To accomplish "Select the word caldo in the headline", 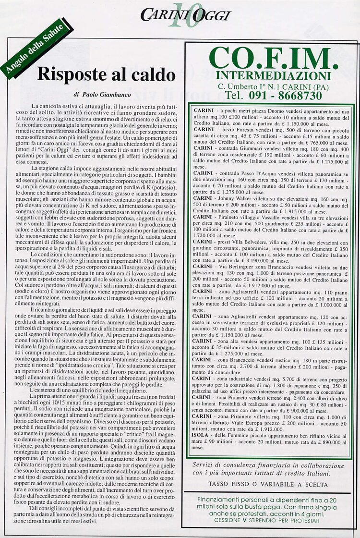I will (152, 75).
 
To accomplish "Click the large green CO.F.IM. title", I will (271, 59).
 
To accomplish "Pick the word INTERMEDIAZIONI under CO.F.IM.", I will (274, 76).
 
